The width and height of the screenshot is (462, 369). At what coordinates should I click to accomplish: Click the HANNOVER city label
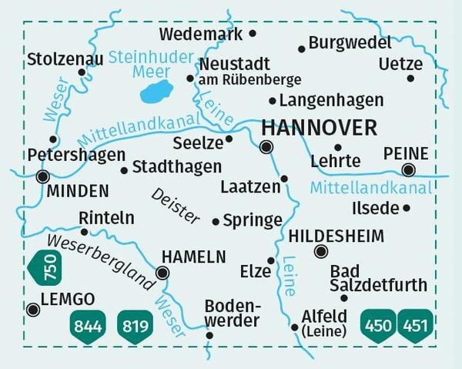319,127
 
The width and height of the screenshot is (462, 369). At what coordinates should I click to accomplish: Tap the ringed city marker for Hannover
266,147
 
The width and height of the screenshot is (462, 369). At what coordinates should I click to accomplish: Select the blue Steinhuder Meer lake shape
156,94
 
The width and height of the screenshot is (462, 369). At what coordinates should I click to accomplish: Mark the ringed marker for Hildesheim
320,251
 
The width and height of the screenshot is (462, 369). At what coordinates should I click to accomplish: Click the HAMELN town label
193,257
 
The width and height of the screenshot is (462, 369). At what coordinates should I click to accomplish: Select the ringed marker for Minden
42,176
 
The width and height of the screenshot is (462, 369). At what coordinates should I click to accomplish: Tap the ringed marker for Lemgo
32,310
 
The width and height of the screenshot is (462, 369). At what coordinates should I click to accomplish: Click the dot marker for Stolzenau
82,73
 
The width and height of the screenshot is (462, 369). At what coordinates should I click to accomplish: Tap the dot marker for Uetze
410,78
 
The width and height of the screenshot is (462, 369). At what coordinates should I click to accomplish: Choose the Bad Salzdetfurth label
377,278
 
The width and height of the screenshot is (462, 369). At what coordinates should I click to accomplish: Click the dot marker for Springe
216,222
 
